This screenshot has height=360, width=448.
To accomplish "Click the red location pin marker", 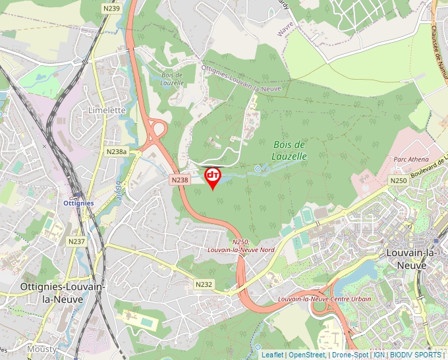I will [x=213, y=177].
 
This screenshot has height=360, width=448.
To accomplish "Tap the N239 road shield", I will [x=112, y=8].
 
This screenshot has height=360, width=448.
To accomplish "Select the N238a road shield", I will [x=116, y=151].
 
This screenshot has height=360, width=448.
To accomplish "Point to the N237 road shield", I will [x=77, y=242].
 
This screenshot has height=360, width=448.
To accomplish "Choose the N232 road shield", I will [x=204, y=284].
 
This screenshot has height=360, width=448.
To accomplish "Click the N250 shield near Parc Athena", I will [x=398, y=180].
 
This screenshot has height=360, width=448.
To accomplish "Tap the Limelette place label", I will [x=107, y=111].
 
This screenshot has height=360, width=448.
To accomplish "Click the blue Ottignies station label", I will [x=78, y=203].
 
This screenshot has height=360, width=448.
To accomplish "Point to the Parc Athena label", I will [x=410, y=159].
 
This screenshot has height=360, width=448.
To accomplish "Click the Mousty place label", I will [x=42, y=348].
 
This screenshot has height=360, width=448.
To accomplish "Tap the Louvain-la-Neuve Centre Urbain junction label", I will [x=324, y=299].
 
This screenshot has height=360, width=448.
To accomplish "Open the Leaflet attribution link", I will [x=272, y=355].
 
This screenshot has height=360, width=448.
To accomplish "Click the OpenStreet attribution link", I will [x=306, y=355].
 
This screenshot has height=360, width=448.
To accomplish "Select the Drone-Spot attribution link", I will [x=349, y=355].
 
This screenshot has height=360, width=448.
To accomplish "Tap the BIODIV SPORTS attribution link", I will [x=416, y=355].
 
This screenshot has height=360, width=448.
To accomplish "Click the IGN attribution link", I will [x=379, y=355].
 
